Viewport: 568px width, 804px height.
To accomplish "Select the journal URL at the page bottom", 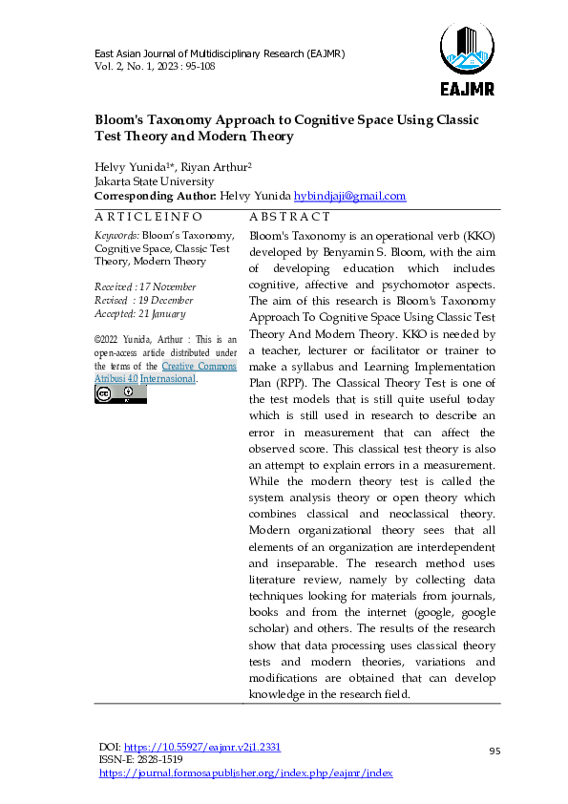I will [246, 772].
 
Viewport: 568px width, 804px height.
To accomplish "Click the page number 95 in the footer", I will [494, 752].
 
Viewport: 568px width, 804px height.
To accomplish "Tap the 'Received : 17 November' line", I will [145, 286].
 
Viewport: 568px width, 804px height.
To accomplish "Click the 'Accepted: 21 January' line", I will [139, 313].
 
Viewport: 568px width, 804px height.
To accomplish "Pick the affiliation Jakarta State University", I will [154, 181].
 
